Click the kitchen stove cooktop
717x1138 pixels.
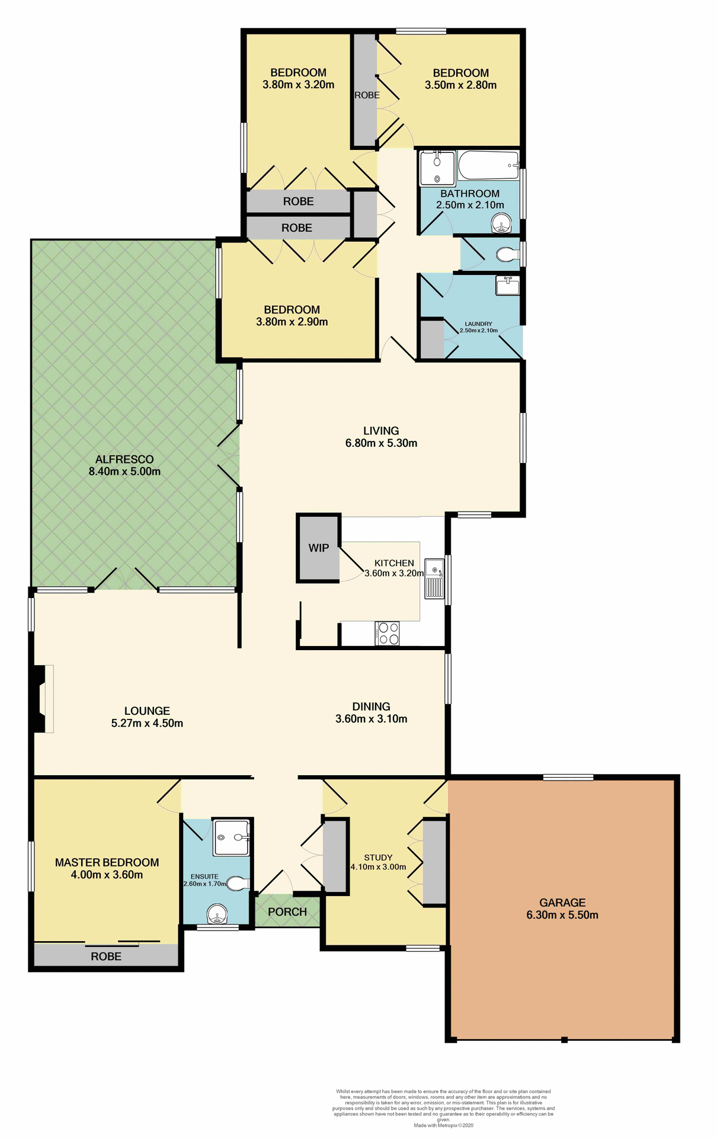[388, 633]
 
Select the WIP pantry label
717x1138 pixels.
[318, 548]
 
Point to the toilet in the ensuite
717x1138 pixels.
[239, 884]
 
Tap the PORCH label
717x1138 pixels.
[287, 912]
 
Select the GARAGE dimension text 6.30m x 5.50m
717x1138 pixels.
[562, 915]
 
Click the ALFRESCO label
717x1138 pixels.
[124, 459]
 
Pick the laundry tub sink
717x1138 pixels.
[507, 286]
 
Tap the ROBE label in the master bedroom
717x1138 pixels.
[106, 956]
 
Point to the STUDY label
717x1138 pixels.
[378, 857]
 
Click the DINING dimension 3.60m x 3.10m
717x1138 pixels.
[371, 719]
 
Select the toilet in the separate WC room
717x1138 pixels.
[507, 255]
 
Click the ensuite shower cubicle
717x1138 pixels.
[232, 837]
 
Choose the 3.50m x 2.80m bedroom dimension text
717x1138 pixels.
[460, 85]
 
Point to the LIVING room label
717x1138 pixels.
[381, 431]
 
